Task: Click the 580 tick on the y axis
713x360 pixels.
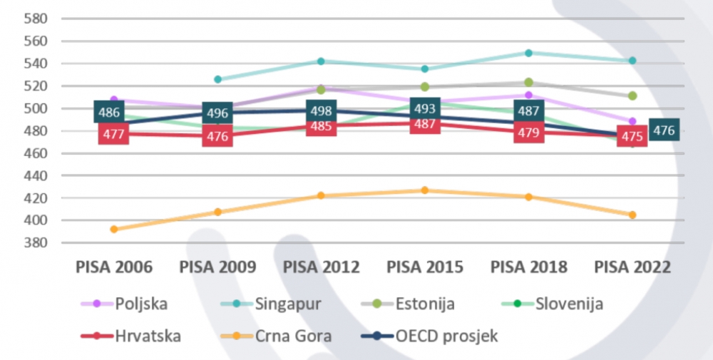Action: [x=35, y=18]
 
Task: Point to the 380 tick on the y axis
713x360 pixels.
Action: [x=35, y=242]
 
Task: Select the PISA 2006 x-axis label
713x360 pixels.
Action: [x=114, y=267]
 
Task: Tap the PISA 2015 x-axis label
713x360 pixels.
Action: [x=425, y=267]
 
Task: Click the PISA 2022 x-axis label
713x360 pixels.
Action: [x=632, y=267]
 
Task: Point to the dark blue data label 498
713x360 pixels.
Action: [x=321, y=111]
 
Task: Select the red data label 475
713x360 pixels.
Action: [x=632, y=135]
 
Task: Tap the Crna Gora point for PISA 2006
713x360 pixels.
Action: [x=114, y=229]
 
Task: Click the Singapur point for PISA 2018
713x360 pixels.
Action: [x=528, y=53]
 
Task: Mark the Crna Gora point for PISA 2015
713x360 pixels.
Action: [x=425, y=190]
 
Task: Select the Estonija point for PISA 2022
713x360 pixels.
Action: [x=632, y=96]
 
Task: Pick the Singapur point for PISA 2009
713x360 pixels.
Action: [x=217, y=79]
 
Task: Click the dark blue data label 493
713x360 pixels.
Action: [x=425, y=109]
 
